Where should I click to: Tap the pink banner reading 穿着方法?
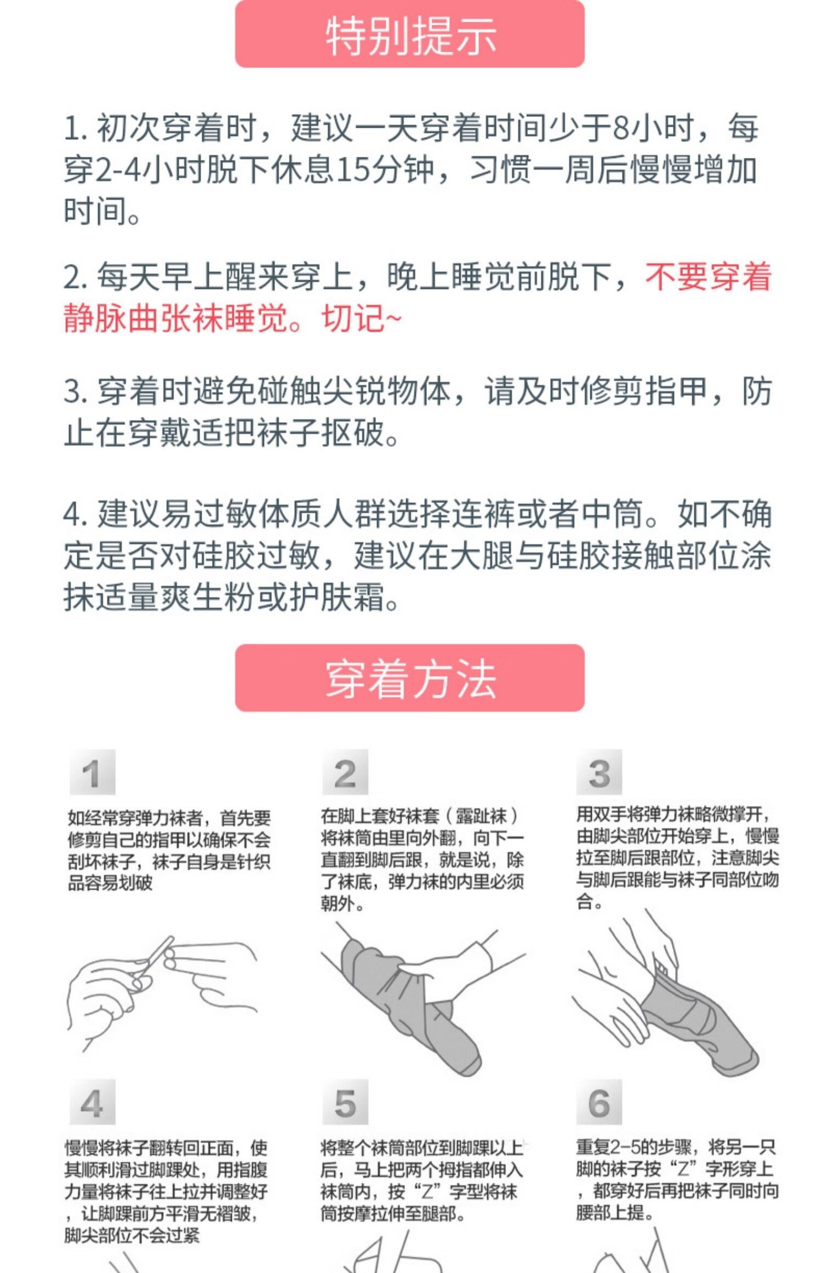coord(409,678)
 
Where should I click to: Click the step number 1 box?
coord(93,772)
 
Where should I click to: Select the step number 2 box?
coord(345,772)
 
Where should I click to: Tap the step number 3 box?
coord(599,772)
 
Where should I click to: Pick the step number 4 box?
coord(93,1102)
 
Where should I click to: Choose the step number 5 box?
coord(345,1102)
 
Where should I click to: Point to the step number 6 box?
coord(599,1102)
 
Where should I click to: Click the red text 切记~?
coord(362,317)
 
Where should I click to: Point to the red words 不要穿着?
coord(708,276)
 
